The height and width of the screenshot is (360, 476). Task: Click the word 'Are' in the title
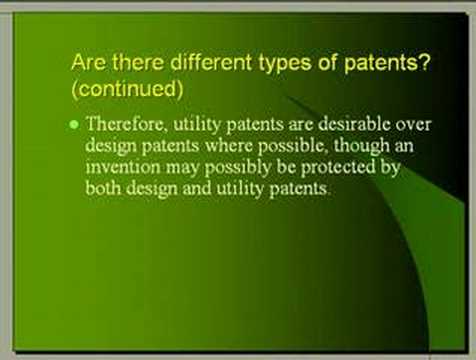click(x=88, y=62)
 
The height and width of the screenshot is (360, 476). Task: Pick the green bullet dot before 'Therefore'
click(x=74, y=125)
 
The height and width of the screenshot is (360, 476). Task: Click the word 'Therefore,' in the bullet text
click(x=124, y=126)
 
